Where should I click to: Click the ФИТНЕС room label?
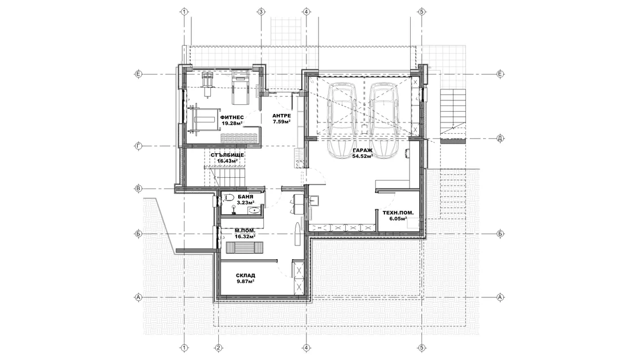click(232, 117)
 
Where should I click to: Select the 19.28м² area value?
click(232, 123)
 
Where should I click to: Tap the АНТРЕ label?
click(281, 116)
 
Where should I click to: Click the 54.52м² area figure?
click(362, 156)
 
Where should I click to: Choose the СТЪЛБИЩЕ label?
click(227, 155)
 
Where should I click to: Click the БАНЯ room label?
click(246, 197)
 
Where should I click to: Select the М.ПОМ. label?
click(245, 230)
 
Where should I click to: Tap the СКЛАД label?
click(246, 275)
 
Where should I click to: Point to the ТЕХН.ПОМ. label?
click(398, 212)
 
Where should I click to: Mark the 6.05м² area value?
click(398, 218)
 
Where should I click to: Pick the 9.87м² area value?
click(246, 281)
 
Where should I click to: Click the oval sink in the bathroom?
click(254, 210)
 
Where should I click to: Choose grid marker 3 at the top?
click(261, 12)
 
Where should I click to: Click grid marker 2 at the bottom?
click(219, 348)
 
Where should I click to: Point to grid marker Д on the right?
click(500, 138)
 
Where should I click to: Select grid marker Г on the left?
click(138, 146)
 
